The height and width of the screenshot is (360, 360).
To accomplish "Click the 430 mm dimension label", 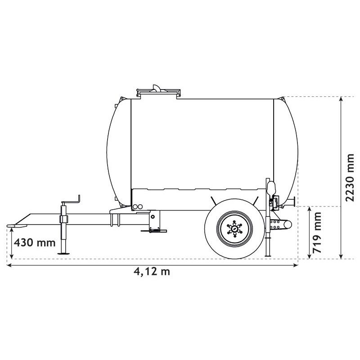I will [34, 243].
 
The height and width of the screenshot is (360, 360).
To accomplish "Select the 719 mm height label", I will [318, 233].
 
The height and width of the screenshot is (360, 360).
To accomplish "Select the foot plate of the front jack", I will [64, 253].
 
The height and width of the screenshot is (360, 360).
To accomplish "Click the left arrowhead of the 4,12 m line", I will [9, 265].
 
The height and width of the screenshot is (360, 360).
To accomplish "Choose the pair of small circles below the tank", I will [137, 207].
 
